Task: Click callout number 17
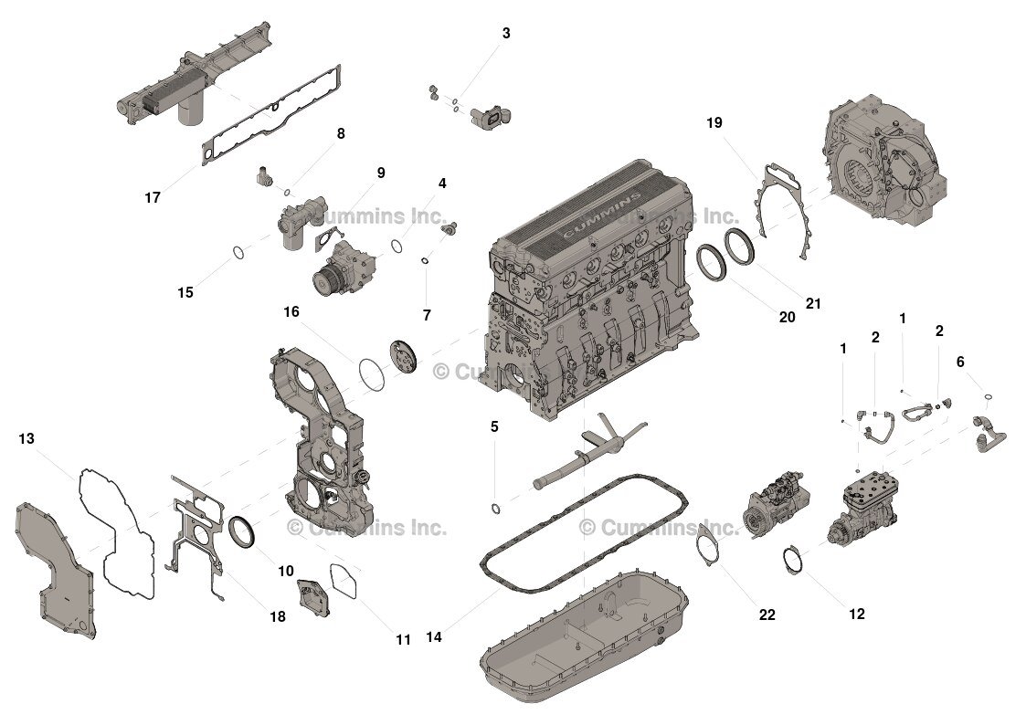tap(153, 197)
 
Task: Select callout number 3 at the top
tap(505, 34)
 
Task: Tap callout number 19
tap(714, 122)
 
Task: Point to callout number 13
tap(26, 439)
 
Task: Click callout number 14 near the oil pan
tap(434, 637)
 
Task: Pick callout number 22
tap(767, 615)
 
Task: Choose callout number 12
tap(856, 615)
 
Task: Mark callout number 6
tap(960, 362)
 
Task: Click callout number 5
tap(494, 426)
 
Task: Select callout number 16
tap(291, 312)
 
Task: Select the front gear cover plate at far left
tap(55, 571)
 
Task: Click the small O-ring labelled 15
tap(236, 253)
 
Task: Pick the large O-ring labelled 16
tap(371, 373)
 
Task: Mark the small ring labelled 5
tap(495, 508)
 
